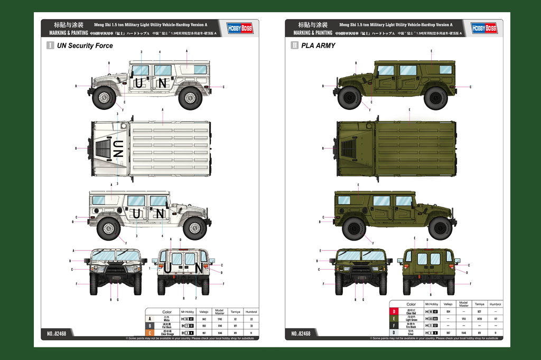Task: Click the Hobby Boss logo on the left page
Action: click(240, 28)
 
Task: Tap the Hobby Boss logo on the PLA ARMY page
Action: click(484, 28)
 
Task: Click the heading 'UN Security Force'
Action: click(85, 46)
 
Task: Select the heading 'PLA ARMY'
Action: click(318, 46)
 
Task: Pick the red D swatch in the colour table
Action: click(394, 312)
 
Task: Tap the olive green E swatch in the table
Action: click(394, 319)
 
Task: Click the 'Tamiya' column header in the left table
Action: click(235, 312)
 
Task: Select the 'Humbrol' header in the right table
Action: click(495, 304)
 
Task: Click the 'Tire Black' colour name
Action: click(411, 326)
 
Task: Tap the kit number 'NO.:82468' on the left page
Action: click(57, 334)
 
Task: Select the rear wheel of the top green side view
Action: click(435, 97)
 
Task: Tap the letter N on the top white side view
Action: click(162, 83)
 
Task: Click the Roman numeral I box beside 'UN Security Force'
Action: click(50, 46)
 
